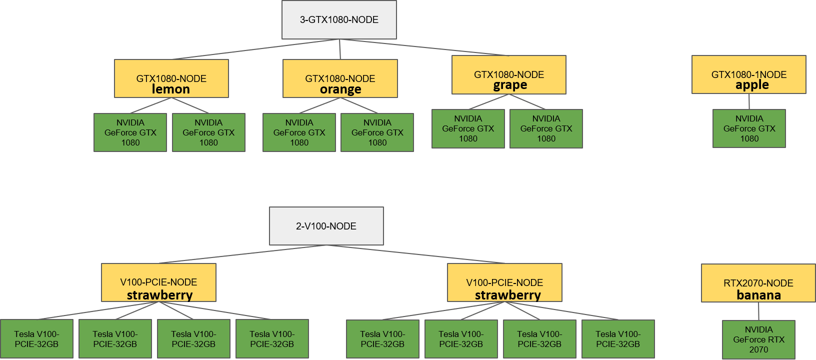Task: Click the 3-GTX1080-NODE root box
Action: coord(339,20)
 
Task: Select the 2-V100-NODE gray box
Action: coord(326,226)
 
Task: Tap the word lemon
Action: coord(170,89)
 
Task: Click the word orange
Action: coord(340,89)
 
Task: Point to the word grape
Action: coord(509,85)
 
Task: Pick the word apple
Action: coord(751,85)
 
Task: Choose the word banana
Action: coord(758,295)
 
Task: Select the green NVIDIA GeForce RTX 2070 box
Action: coord(758,339)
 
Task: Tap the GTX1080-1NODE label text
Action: coord(748,74)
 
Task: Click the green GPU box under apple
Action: coord(749,128)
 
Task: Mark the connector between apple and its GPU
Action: coord(749,101)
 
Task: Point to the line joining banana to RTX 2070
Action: coord(758,311)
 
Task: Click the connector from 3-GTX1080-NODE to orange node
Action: coord(340,49)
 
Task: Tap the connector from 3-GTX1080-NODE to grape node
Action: coord(425,47)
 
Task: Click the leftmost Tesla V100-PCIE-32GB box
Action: coord(36,339)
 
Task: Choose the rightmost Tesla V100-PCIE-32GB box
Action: coord(618,339)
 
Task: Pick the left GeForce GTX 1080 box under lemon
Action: coord(130,132)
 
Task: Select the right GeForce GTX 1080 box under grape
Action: coord(546,128)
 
